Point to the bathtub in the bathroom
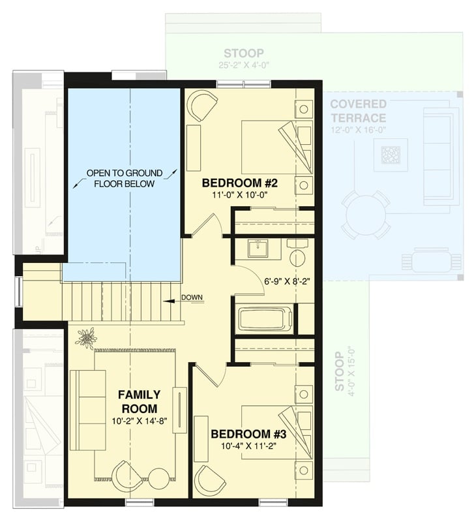click(265, 320)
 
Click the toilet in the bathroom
click(297, 253)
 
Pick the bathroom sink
click(258, 248)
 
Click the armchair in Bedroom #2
click(202, 105)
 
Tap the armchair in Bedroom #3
click(211, 481)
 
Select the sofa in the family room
click(87, 410)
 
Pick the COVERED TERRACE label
click(358, 111)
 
